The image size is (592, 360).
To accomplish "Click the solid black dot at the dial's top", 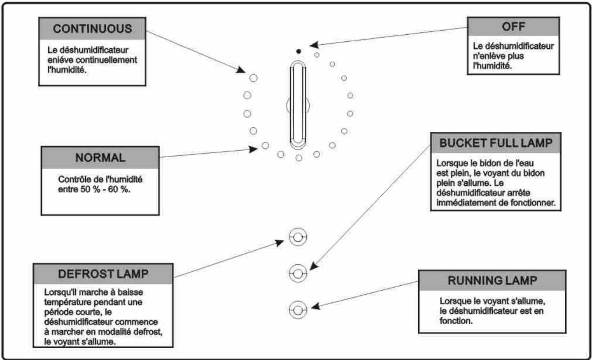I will pos(299,51).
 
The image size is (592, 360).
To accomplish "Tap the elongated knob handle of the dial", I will pos(298,104).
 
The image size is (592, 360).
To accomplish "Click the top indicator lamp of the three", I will pos(298,238).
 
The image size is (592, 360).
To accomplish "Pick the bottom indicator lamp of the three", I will pos(298,310).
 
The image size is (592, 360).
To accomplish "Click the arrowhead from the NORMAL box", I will pos(253,149).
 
